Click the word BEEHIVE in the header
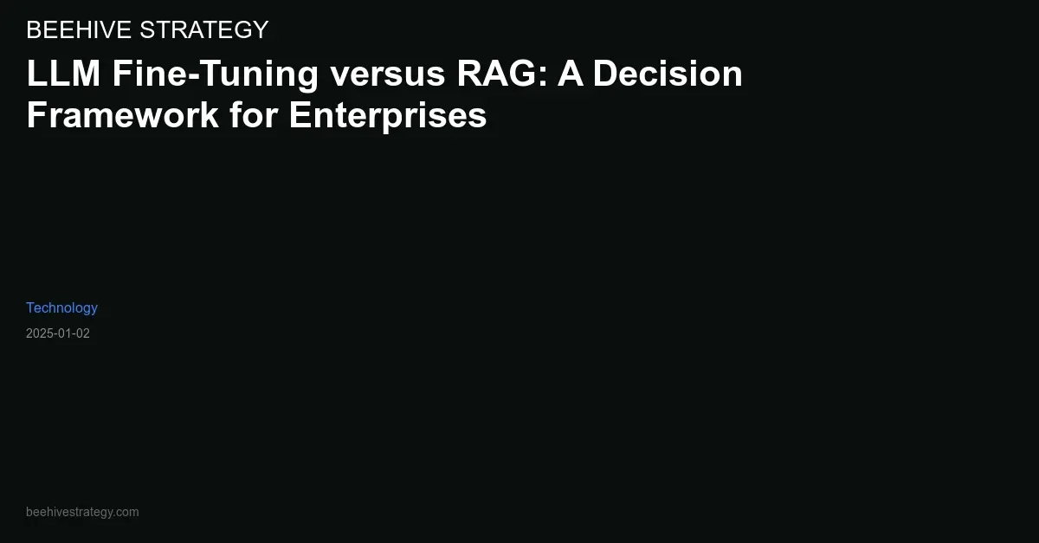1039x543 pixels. pyautogui.click(x=79, y=29)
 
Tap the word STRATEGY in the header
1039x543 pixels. pyautogui.click(x=204, y=29)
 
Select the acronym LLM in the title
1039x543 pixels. pyautogui.click(x=63, y=74)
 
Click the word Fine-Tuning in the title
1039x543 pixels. pyautogui.click(x=216, y=74)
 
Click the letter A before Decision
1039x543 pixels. pyautogui.click(x=570, y=74)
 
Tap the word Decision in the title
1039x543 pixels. pyautogui.click(x=668, y=74)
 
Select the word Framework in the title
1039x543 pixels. pyautogui.click(x=123, y=114)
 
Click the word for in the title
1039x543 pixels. pyautogui.click(x=255, y=114)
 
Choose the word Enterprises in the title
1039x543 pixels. pyautogui.click(x=388, y=116)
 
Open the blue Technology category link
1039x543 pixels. pyautogui.click(x=61, y=308)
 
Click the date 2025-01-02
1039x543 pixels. pyautogui.click(x=58, y=333)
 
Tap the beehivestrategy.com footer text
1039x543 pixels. pyautogui.click(x=82, y=512)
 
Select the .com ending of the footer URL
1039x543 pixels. pyautogui.click(x=126, y=513)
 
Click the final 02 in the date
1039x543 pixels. pyautogui.click(x=83, y=333)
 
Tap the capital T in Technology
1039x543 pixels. pyautogui.click(x=30, y=307)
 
